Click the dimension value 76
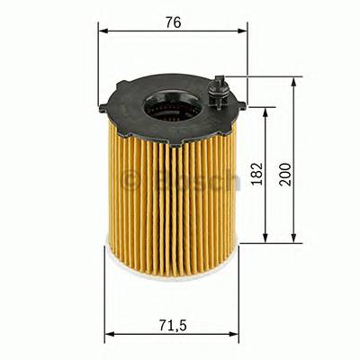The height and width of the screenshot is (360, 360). pos(173,22)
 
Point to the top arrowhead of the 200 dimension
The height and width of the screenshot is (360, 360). pos(294,82)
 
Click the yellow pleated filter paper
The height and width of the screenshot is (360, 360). pos(153,207)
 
